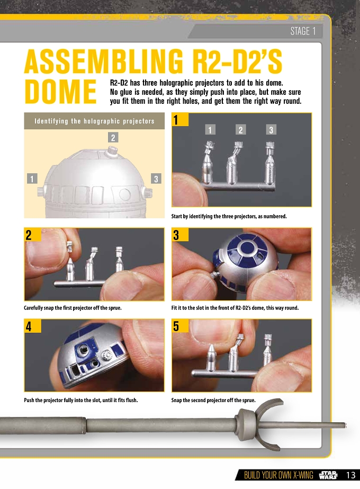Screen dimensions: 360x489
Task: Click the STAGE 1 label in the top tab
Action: (303, 31)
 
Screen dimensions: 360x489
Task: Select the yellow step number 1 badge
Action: (180, 119)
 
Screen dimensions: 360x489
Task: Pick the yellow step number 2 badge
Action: (33, 235)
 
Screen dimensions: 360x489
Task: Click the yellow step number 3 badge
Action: (180, 235)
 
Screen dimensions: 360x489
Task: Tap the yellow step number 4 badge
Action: (33, 326)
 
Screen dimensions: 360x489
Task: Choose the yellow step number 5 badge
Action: (180, 326)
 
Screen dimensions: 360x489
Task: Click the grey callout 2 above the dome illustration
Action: (113, 137)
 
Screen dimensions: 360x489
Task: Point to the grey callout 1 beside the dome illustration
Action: (32, 179)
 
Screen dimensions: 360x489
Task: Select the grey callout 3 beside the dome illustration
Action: (156, 179)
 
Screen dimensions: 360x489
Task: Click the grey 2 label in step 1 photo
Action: (241, 130)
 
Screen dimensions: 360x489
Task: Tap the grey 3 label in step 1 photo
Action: (271, 130)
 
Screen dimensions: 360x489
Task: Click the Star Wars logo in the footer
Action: (328, 475)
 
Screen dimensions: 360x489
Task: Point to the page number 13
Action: (351, 475)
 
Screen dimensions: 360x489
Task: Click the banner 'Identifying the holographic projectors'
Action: (94, 121)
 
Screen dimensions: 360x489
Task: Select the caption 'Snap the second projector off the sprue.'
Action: (213, 400)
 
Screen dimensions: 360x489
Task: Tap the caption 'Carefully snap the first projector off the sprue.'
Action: (73, 308)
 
